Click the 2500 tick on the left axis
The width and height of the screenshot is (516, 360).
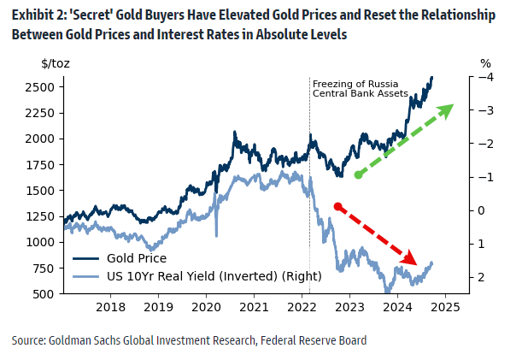click(x=41, y=87)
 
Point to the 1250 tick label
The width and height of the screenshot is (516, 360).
click(x=41, y=216)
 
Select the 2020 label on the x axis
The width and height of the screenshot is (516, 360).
click(x=205, y=307)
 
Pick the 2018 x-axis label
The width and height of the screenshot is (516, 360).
click(x=110, y=307)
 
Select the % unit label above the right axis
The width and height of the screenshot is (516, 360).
click(x=485, y=63)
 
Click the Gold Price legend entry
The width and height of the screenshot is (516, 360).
click(x=137, y=258)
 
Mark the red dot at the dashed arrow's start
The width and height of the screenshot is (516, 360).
click(x=338, y=206)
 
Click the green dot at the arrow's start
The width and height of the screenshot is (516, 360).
click(x=359, y=174)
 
